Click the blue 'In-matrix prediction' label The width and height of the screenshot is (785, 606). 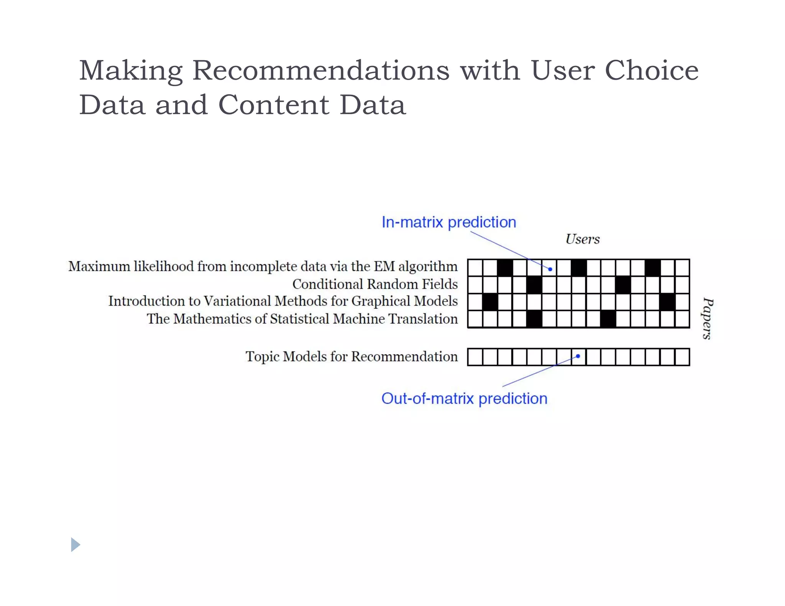[x=449, y=222]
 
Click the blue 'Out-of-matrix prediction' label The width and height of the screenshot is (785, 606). [x=464, y=398]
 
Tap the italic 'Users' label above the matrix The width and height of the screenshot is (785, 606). [x=582, y=239]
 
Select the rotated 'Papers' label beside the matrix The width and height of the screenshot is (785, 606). [x=708, y=318]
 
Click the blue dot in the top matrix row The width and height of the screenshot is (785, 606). [x=550, y=269]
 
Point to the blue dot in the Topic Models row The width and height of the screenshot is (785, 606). [x=578, y=356]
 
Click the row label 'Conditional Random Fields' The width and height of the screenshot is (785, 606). [x=375, y=284]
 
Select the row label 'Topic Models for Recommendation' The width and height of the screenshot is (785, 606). [x=351, y=356]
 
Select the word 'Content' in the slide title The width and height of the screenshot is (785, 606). [x=274, y=105]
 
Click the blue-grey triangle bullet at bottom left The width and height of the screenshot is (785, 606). [x=76, y=544]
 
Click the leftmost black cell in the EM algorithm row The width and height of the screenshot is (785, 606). [x=505, y=267]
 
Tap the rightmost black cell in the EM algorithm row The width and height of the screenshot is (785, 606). [x=652, y=267]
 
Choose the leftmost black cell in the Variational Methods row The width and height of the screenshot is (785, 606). [x=490, y=302]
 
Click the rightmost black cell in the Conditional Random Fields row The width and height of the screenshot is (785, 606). [x=623, y=285]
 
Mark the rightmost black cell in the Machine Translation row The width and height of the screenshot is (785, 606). [x=608, y=319]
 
